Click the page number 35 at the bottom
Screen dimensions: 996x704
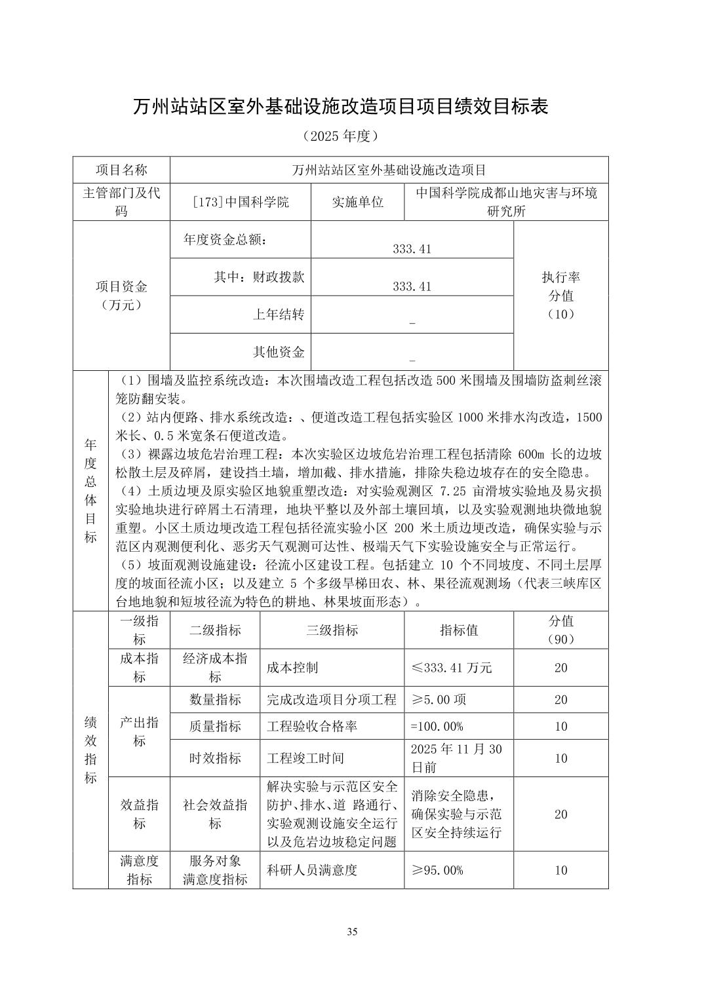pyautogui.click(x=352, y=932)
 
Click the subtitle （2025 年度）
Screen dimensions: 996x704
pyautogui.click(x=341, y=136)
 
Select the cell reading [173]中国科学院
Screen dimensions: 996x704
pyautogui.click(x=241, y=202)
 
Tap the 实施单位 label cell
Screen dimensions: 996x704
pyautogui.click(x=357, y=202)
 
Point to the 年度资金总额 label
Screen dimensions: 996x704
pyautogui.click(x=225, y=239)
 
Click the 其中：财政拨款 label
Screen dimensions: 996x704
pyautogui.click(x=259, y=277)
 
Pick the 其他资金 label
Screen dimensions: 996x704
pyautogui.click(x=279, y=352)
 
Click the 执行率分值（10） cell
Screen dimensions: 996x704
pyautogui.click(x=560, y=295)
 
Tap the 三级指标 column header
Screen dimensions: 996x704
pyautogui.click(x=332, y=630)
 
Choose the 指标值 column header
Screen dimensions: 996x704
pyautogui.click(x=458, y=630)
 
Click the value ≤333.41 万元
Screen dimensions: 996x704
pyautogui.click(x=452, y=668)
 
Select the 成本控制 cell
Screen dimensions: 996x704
pyautogui.click(x=292, y=668)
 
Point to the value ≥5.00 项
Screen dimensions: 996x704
pyautogui.click(x=439, y=700)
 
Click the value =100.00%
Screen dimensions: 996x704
pyautogui.click(x=437, y=726)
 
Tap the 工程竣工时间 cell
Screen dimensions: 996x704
pyautogui.click(x=305, y=758)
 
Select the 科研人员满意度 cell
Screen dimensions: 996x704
pyautogui.click(x=312, y=870)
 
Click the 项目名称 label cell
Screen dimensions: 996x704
pyautogui.click(x=121, y=170)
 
